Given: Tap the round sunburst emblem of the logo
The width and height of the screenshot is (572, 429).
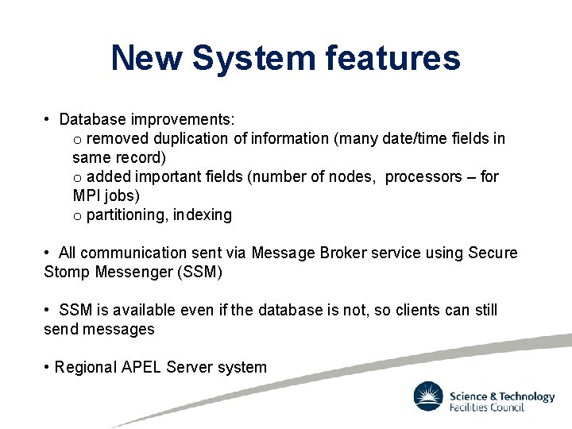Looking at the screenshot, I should (x=427, y=396).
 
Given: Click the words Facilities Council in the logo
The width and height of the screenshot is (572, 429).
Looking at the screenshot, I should (x=487, y=407).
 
